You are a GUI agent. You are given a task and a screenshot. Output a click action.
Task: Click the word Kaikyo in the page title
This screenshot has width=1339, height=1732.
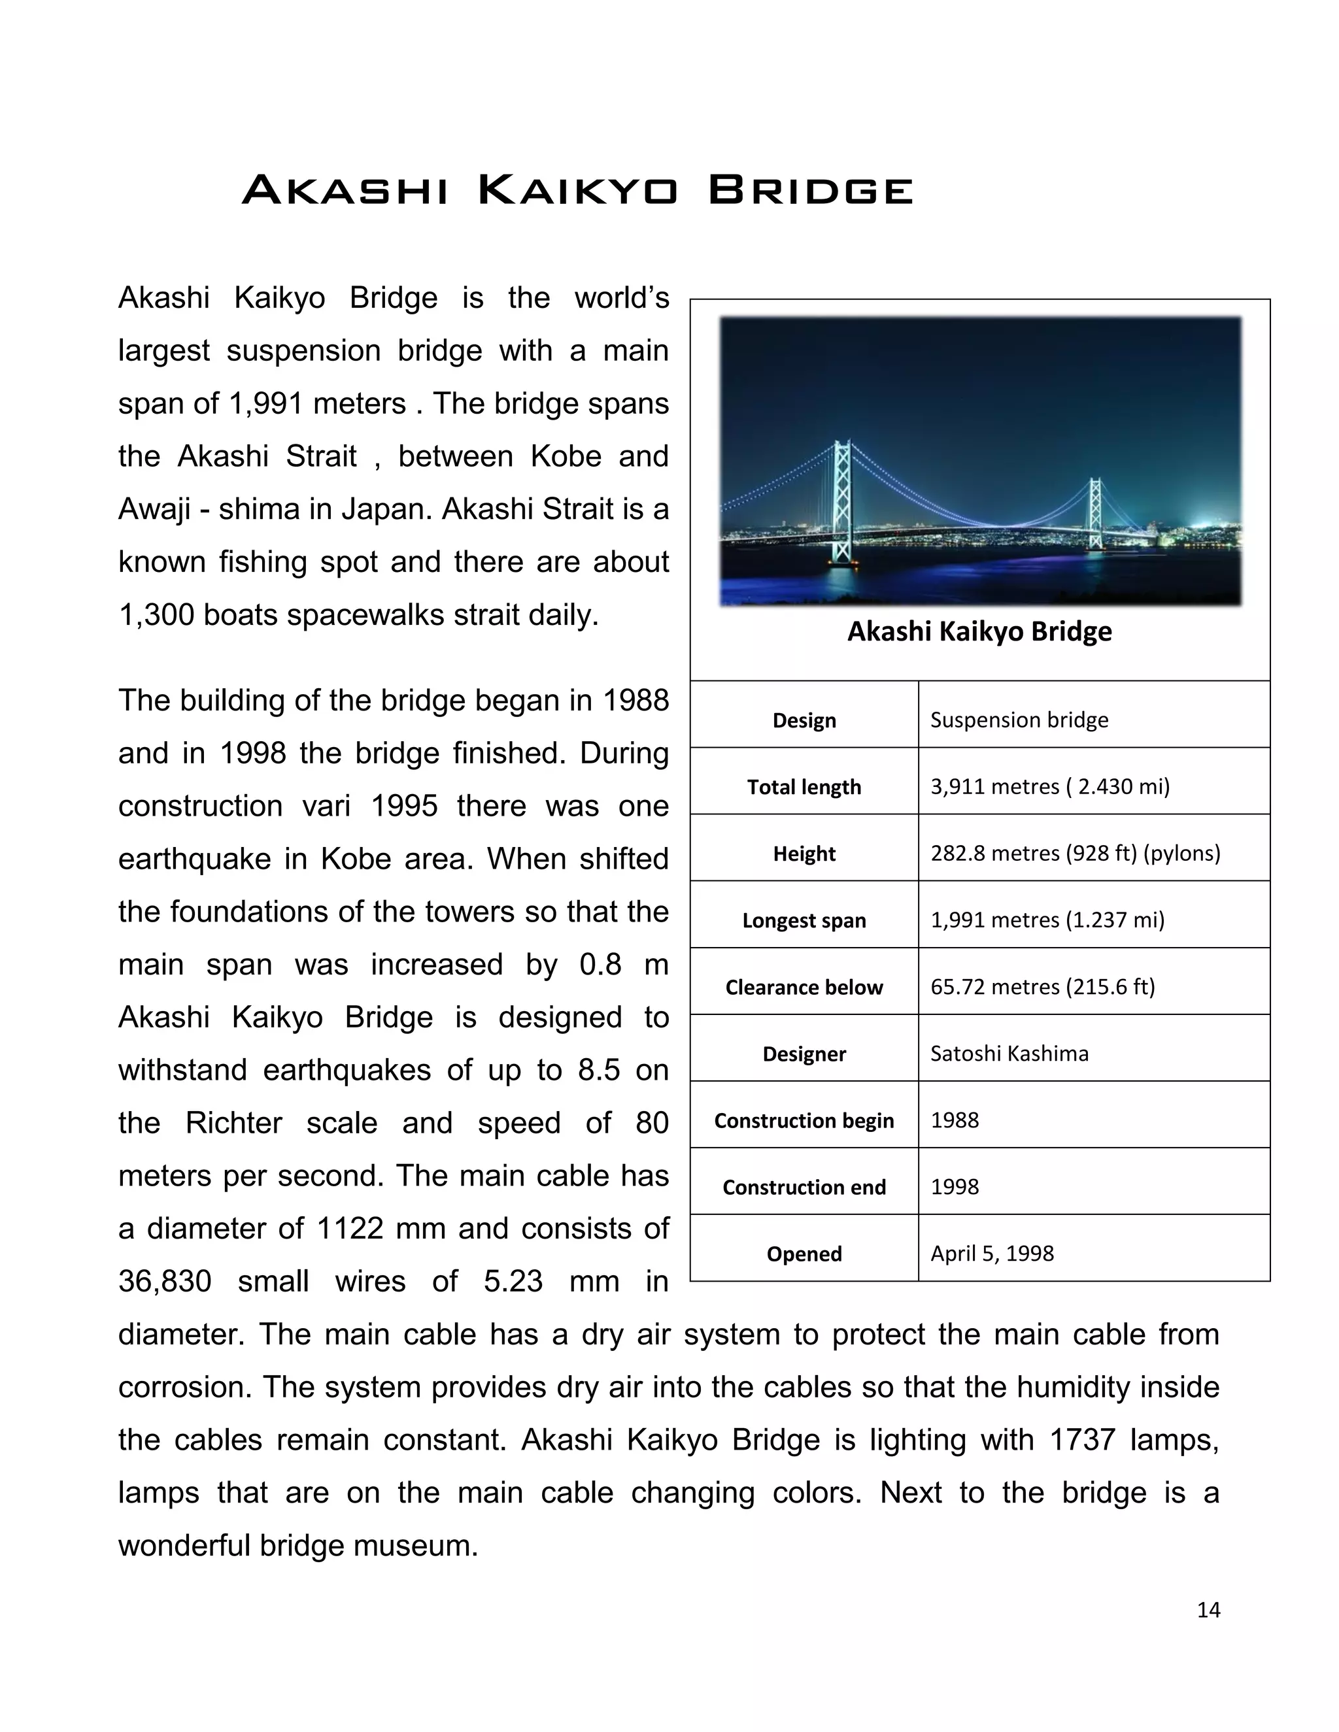click(577, 191)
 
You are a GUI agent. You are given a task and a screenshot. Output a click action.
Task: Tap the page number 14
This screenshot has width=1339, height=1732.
click(1208, 1609)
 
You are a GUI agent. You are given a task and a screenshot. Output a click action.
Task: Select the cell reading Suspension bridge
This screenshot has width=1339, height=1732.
click(1019, 720)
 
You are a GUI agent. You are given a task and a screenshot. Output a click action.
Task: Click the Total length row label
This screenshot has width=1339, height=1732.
click(804, 787)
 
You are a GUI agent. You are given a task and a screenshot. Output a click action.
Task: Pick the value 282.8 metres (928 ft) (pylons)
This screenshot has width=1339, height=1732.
click(1075, 854)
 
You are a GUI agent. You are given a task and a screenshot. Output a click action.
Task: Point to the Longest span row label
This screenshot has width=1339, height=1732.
click(804, 920)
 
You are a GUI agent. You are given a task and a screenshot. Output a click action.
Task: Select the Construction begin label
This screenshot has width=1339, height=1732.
click(804, 1120)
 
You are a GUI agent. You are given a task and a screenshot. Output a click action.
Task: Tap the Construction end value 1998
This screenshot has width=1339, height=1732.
click(955, 1186)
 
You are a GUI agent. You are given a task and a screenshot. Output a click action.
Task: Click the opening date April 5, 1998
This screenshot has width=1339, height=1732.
click(992, 1253)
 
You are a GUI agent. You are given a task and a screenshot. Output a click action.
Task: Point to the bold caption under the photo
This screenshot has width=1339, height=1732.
click(979, 631)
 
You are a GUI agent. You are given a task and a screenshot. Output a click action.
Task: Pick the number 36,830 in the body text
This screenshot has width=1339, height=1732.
click(165, 1281)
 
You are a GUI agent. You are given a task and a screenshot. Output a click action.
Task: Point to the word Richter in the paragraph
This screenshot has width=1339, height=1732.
click(233, 1123)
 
